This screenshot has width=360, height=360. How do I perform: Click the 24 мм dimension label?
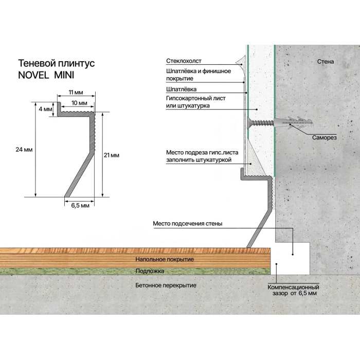(x=24, y=150)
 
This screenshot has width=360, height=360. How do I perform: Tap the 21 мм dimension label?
(x=112, y=155)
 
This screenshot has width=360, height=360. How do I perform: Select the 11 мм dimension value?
(x=76, y=93)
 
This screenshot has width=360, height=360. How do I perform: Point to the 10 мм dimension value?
(x=79, y=103)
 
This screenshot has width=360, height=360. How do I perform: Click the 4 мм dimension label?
(x=45, y=109)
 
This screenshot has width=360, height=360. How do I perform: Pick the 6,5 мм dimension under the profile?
(x=80, y=205)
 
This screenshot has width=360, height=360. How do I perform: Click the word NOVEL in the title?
(x=33, y=75)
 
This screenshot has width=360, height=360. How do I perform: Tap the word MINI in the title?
(x=64, y=75)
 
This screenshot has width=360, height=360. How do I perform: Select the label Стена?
(x=326, y=62)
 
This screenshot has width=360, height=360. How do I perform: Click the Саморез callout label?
(x=324, y=137)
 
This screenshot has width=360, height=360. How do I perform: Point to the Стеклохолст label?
(x=184, y=61)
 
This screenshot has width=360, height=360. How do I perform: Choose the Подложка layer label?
(x=150, y=271)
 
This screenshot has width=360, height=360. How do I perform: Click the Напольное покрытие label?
(x=165, y=259)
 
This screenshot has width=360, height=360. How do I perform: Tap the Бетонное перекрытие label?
(x=166, y=285)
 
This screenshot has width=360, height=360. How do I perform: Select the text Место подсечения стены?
(x=188, y=224)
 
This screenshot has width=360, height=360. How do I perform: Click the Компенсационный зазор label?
(x=294, y=290)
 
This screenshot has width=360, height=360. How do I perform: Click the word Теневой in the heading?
(x=37, y=63)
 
